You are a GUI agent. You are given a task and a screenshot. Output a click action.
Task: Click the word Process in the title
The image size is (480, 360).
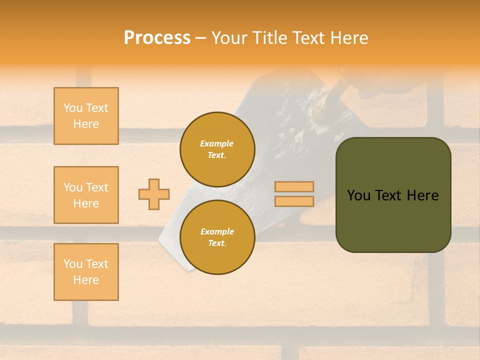[x=157, y=38]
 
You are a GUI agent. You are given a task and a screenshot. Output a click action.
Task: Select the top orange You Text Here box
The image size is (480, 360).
[x=86, y=116]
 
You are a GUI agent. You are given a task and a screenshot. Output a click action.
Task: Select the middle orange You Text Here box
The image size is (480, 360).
[x=86, y=195]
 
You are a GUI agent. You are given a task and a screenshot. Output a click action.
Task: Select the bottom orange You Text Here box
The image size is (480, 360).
[x=86, y=272]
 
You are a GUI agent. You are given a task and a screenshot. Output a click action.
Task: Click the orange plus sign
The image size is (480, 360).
[x=154, y=194]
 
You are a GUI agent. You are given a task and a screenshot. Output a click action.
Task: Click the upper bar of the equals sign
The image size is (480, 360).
[x=294, y=186]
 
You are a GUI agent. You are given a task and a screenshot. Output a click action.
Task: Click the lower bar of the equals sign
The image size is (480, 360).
[x=294, y=201]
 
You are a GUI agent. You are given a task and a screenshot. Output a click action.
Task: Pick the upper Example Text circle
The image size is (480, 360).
[x=217, y=149]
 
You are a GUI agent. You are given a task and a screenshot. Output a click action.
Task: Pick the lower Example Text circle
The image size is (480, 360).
[x=217, y=237]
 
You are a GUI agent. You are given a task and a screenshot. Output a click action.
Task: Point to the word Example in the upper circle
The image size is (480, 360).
[x=217, y=143]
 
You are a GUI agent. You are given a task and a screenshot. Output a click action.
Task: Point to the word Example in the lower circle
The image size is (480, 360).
[x=217, y=231]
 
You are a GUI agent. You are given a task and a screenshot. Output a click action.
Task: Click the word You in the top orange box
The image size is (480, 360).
[x=73, y=108]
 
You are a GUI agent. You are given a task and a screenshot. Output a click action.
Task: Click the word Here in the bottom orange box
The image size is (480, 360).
[x=86, y=280]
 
